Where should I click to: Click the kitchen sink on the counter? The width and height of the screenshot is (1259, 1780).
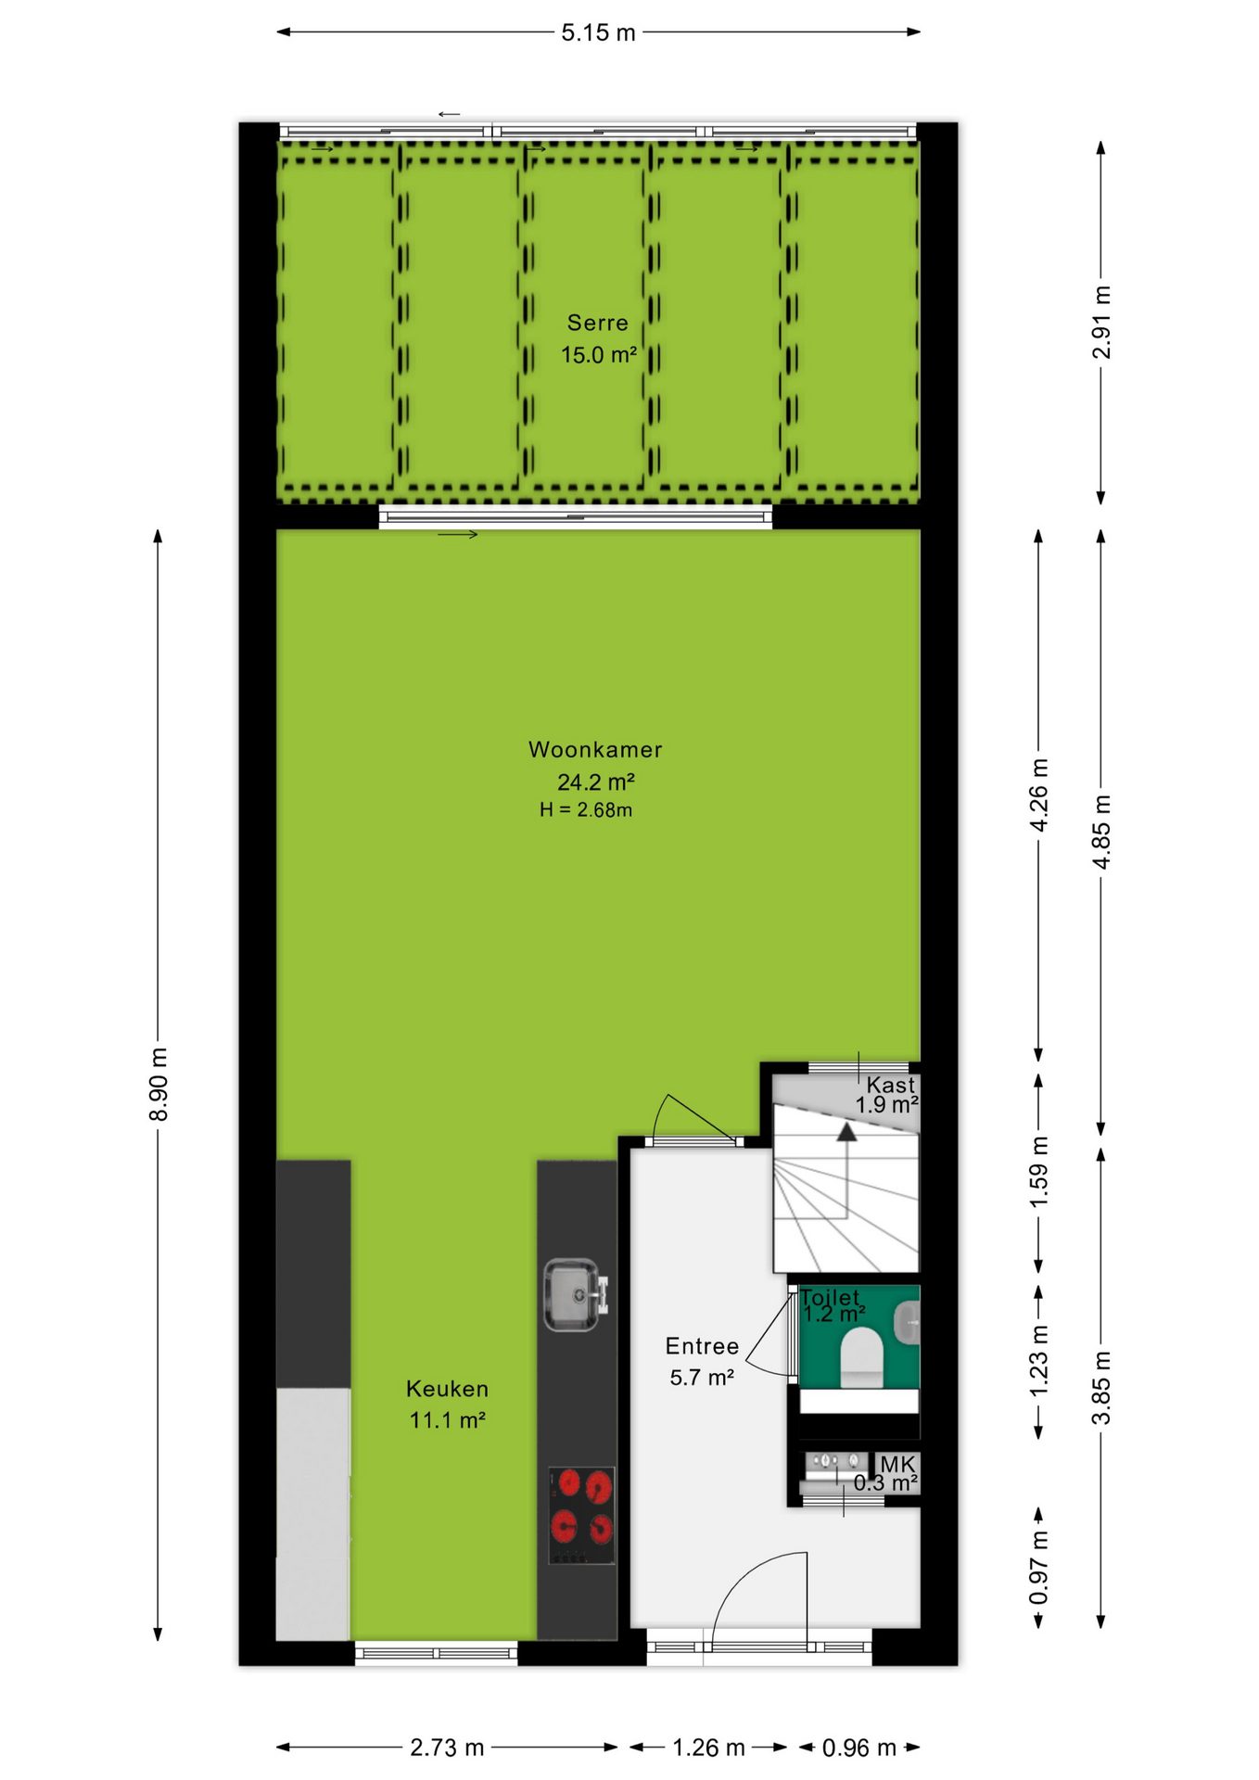pos(575,1294)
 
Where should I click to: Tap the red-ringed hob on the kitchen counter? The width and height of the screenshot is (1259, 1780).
pos(581,1514)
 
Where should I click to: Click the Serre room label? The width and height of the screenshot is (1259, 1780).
pos(598,323)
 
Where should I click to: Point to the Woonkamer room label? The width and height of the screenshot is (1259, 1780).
pos(595,749)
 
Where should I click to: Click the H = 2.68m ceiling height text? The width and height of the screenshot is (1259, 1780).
pos(586,809)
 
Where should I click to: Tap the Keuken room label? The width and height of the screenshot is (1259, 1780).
pos(447,1388)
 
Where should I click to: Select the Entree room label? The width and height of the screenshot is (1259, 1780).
pos(702,1346)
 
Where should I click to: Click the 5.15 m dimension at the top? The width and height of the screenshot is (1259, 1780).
pos(598,32)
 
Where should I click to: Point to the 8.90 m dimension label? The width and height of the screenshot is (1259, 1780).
pos(159,1084)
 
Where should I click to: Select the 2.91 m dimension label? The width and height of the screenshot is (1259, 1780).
pos(1101,322)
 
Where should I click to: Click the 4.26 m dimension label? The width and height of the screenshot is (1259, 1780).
pos(1039,795)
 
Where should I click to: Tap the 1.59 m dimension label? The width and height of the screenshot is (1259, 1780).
pos(1039,1172)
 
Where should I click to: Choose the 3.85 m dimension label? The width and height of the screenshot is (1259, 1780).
pos(1101,1387)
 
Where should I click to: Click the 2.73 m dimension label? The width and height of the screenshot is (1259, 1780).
pos(447,1748)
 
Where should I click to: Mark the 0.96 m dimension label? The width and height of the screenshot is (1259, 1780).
pos(858,1748)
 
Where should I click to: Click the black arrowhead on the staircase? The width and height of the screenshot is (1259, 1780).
pos(846,1131)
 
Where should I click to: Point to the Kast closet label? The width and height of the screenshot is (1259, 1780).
pos(891,1084)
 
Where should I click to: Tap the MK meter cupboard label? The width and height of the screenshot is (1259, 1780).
pos(897,1464)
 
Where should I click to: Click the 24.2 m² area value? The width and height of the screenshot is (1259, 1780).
pos(596,782)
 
